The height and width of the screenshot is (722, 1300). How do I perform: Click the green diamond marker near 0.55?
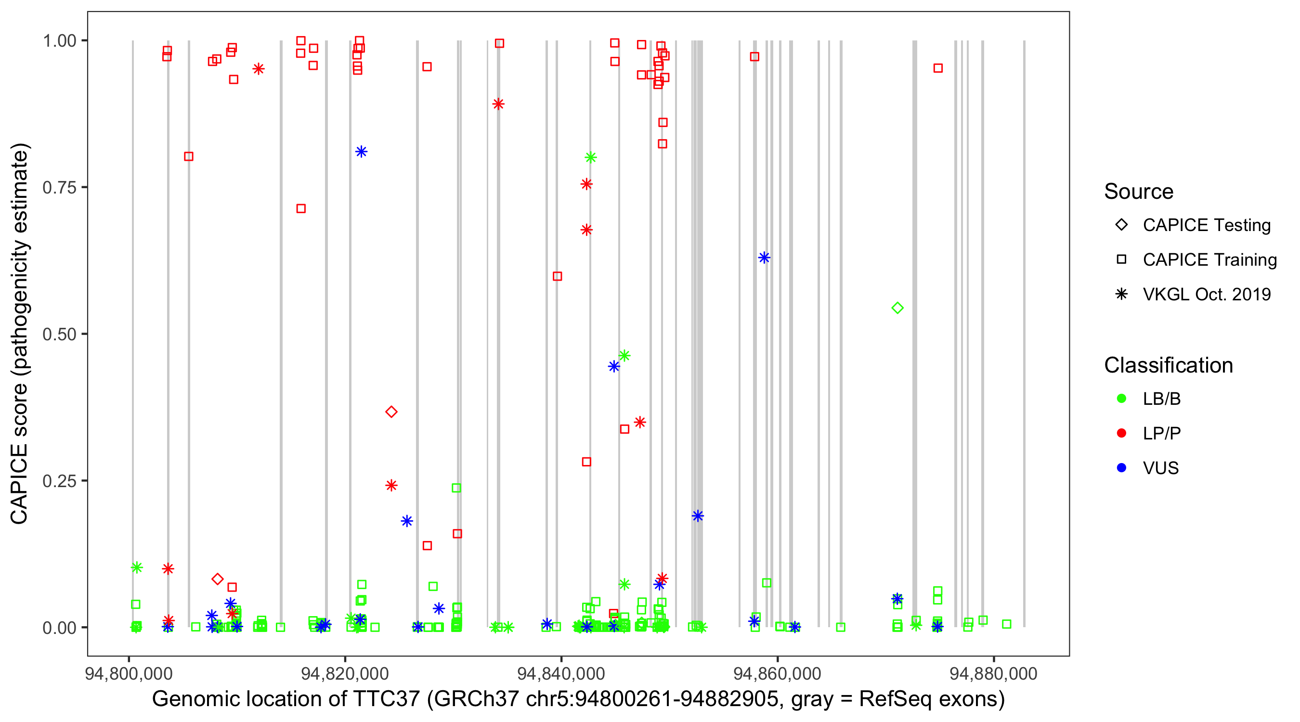tap(897, 308)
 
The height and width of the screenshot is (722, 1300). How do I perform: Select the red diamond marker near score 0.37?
tap(391, 412)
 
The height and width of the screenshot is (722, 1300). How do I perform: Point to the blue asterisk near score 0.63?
tap(764, 258)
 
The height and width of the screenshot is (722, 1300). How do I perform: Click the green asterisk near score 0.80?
tap(590, 157)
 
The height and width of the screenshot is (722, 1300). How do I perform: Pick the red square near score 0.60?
tap(557, 276)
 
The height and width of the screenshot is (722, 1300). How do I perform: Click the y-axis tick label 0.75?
tap(59, 187)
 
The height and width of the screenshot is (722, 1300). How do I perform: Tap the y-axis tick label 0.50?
tap(59, 334)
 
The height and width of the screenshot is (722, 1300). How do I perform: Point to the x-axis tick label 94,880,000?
tap(993, 673)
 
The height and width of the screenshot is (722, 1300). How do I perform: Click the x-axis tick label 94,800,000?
tap(129, 673)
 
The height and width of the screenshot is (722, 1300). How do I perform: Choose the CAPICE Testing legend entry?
tap(1206, 225)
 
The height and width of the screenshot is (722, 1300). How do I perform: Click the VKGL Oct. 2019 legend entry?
tap(1206, 294)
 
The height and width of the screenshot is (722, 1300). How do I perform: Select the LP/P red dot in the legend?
tap(1121, 433)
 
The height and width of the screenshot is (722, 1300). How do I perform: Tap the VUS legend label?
tap(1161, 468)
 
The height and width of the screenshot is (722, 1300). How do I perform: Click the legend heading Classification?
tap(1168, 365)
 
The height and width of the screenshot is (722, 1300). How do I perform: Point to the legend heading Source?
tap(1139, 192)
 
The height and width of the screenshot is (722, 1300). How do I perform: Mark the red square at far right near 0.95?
tap(937, 68)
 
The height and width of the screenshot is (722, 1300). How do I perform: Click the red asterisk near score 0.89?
tap(498, 104)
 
